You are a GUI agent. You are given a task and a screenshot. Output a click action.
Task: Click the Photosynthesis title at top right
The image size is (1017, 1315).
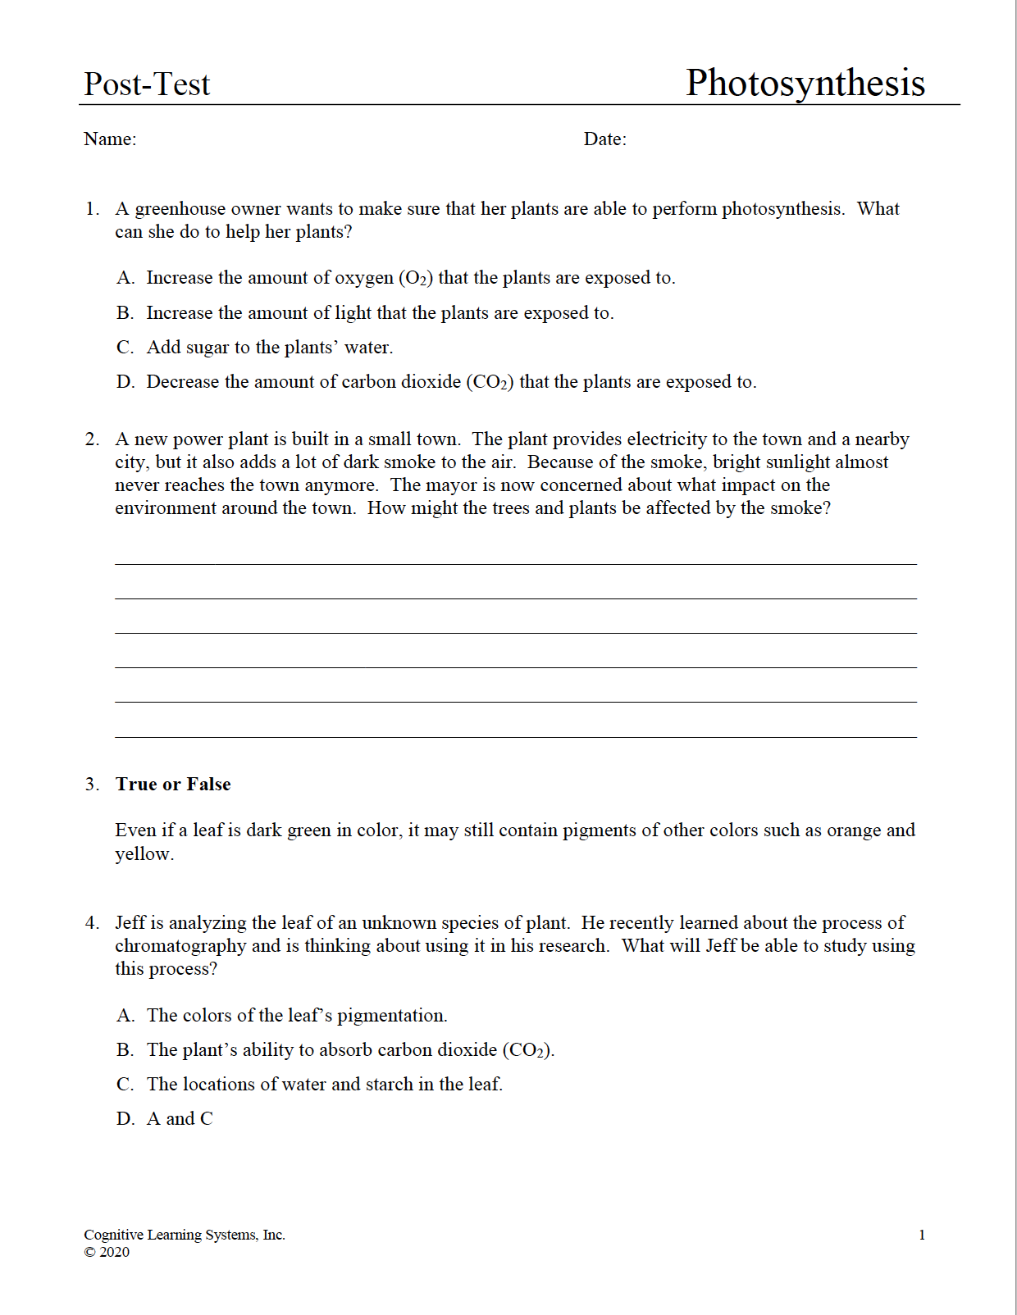click(x=805, y=83)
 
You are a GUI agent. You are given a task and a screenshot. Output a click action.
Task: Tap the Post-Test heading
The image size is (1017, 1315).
click(x=147, y=84)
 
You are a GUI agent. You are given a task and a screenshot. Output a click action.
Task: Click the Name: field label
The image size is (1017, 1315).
click(x=110, y=139)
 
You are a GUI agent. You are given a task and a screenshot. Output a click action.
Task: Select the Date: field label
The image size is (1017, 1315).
click(x=604, y=139)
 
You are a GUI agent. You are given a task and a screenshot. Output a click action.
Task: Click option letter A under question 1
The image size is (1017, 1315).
click(x=125, y=278)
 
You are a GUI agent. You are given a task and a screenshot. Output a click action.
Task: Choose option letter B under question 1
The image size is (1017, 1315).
click(x=125, y=313)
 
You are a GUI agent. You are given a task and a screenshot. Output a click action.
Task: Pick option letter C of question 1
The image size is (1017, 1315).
click(x=125, y=348)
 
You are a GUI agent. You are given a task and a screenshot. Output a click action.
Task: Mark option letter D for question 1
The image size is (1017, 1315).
click(x=125, y=382)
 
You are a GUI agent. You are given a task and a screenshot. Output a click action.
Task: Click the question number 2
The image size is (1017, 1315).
click(x=92, y=439)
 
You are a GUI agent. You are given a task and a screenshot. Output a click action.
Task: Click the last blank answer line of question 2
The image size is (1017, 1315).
click(x=515, y=735)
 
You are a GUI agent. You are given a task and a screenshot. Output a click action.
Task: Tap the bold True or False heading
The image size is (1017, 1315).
click(x=173, y=785)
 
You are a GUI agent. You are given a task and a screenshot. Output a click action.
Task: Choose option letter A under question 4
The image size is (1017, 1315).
click(x=125, y=1016)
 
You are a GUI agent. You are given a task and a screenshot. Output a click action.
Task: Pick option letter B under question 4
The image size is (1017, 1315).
click(x=125, y=1050)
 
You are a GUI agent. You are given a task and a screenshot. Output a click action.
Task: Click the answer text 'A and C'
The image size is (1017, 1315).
click(x=180, y=1119)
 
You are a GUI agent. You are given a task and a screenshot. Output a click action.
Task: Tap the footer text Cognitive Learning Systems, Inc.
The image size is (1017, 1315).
click(x=185, y=1235)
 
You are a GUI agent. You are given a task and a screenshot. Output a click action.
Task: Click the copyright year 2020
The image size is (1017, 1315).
click(x=114, y=1252)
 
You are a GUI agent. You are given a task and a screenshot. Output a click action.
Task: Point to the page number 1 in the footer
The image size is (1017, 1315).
click(x=922, y=1235)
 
